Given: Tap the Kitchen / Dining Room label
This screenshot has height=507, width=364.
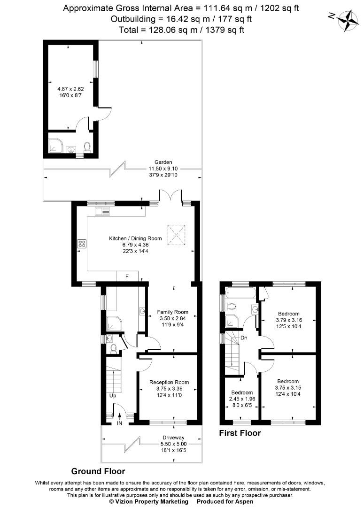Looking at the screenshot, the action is (x=135, y=238).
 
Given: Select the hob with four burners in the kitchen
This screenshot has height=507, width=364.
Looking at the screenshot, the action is (x=82, y=244).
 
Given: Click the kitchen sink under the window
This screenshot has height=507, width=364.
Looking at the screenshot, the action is (x=102, y=212).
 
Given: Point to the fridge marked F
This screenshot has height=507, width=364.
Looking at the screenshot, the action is (x=127, y=277).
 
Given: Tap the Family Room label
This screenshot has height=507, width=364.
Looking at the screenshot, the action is (x=172, y=312).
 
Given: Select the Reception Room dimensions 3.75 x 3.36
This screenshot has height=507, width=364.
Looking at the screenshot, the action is (x=169, y=389).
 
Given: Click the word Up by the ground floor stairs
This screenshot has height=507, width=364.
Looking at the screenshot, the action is (x=113, y=396).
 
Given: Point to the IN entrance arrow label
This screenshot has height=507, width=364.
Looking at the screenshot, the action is (x=120, y=423).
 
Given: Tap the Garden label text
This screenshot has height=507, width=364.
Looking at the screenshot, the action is (x=163, y=162).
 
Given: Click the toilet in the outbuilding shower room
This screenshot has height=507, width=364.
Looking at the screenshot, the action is (x=87, y=147).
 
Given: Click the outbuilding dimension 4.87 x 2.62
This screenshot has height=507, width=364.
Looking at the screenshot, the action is (x=70, y=89).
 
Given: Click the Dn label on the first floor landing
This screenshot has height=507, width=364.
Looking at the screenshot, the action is (x=244, y=338).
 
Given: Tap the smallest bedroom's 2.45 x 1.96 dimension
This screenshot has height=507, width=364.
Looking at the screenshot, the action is (x=242, y=399).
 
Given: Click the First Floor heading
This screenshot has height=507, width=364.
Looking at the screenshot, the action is (x=240, y=433).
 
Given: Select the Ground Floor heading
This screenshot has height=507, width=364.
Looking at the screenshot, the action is (x=98, y=471).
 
